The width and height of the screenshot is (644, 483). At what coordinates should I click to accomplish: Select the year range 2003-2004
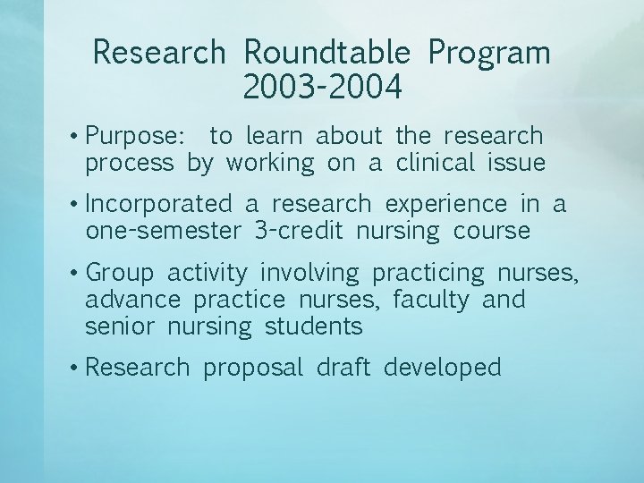click(322, 88)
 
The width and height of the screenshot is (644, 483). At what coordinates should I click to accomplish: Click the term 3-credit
click(299, 231)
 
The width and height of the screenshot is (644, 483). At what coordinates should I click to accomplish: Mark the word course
click(492, 231)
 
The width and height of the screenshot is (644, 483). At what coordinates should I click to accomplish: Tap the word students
click(313, 326)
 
